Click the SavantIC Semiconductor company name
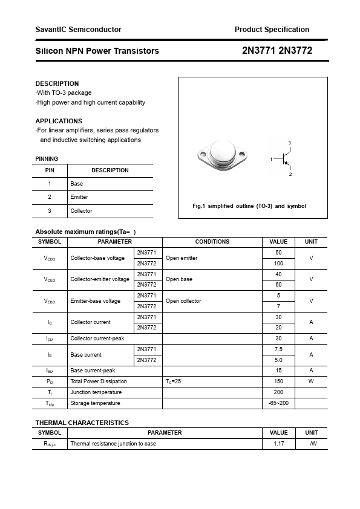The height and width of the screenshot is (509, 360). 78,29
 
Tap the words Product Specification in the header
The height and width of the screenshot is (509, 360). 272,29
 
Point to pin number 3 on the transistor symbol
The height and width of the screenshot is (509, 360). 289,143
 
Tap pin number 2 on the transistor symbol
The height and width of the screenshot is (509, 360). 290,174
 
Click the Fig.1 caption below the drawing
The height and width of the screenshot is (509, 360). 249,206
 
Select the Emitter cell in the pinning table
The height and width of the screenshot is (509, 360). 79,197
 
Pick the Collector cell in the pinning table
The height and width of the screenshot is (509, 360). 81,211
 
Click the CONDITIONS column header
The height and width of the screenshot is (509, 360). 212,242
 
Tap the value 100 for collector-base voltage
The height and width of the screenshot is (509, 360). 278,264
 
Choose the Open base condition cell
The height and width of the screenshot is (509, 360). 179,279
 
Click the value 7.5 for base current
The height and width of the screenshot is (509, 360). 278,349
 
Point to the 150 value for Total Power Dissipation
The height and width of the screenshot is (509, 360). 278,381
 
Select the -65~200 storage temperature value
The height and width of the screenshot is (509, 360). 278,403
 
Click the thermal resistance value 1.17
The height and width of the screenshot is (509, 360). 278,444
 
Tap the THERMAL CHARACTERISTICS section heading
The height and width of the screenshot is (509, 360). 82,423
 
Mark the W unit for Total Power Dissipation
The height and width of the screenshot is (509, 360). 311,381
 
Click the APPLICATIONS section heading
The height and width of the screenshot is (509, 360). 59,121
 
